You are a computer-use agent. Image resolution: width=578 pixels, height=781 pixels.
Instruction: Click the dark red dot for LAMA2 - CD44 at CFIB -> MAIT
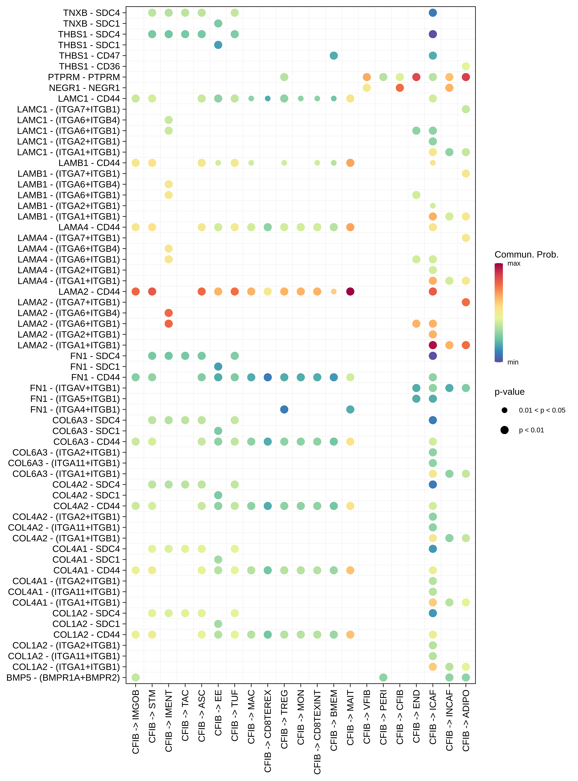[x=350, y=291]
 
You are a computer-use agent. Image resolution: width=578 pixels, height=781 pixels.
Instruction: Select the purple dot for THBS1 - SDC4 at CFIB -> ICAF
[x=433, y=34]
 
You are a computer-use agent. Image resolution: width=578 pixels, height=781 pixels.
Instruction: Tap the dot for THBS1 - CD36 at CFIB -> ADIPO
[x=466, y=67]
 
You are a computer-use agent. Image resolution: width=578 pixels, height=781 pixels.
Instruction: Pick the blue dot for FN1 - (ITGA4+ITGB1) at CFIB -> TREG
[x=284, y=409]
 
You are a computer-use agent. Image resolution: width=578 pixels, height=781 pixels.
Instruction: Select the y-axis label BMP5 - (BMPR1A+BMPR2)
[x=63, y=678]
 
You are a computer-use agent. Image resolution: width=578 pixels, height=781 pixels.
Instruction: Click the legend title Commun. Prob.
[x=526, y=255]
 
